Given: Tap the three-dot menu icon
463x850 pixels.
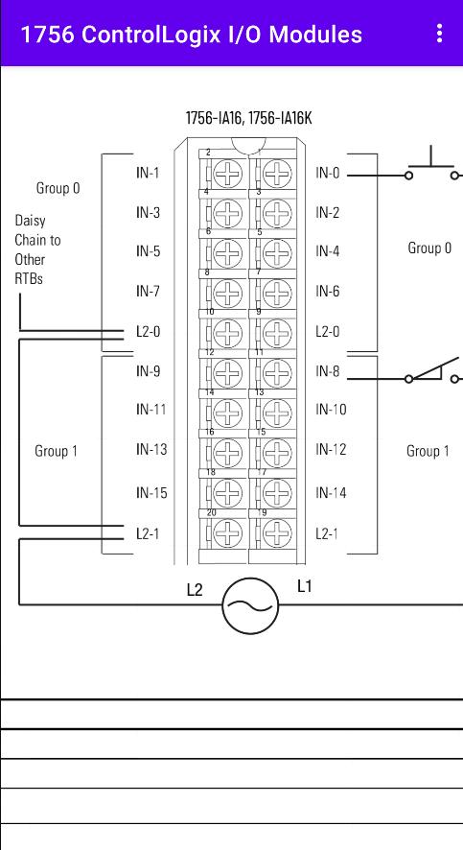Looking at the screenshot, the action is click(x=439, y=33).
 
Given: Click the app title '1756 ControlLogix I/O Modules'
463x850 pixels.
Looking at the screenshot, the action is click(x=191, y=35).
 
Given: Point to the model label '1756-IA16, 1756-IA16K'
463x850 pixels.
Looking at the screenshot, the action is click(x=248, y=118).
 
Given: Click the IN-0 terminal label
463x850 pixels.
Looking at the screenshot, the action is click(x=328, y=174).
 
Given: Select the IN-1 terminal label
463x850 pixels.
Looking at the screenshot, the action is click(x=148, y=174).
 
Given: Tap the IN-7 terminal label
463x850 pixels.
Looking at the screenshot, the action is click(x=148, y=292).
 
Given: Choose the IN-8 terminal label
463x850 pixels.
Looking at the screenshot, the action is click(x=328, y=371).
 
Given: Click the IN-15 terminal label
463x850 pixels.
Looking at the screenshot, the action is click(x=151, y=493).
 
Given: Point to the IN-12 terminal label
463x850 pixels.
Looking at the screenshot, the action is click(x=331, y=449).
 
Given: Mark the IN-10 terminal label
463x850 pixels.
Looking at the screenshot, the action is click(x=331, y=410).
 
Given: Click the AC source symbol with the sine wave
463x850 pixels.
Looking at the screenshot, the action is click(x=250, y=605).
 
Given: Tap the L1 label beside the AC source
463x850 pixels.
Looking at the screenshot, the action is click(x=304, y=586).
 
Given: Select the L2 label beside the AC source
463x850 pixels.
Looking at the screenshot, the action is click(x=195, y=590).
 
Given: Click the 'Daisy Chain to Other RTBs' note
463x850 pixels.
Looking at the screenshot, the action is click(x=37, y=249).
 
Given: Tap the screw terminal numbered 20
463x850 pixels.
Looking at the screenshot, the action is click(x=228, y=533).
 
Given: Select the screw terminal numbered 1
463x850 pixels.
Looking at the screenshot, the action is click(x=277, y=174).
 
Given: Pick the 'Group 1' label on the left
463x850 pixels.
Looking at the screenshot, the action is click(x=56, y=451).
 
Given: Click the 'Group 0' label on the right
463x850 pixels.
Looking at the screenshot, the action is click(x=429, y=248).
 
